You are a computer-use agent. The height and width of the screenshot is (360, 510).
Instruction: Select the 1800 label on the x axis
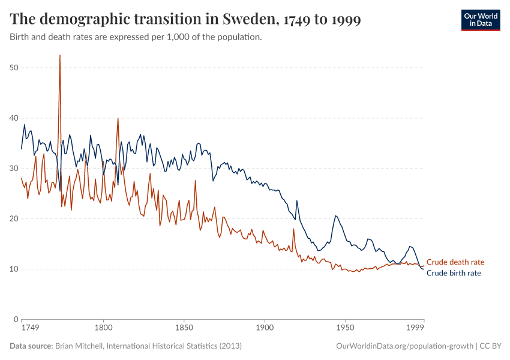[x=103, y=328]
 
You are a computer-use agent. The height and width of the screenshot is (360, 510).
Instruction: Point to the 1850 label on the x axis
[x=184, y=328]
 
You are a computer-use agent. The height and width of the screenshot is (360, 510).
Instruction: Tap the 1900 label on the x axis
[x=264, y=328]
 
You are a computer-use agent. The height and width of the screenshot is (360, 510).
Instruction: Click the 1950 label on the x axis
[x=344, y=328]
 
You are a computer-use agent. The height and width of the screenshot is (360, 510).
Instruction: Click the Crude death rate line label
[x=455, y=262]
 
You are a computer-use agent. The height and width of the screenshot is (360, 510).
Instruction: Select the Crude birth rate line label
[x=454, y=273]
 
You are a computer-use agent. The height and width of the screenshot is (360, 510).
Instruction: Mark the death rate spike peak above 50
[x=60, y=56]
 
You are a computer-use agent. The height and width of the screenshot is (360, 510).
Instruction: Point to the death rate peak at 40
[x=118, y=118]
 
